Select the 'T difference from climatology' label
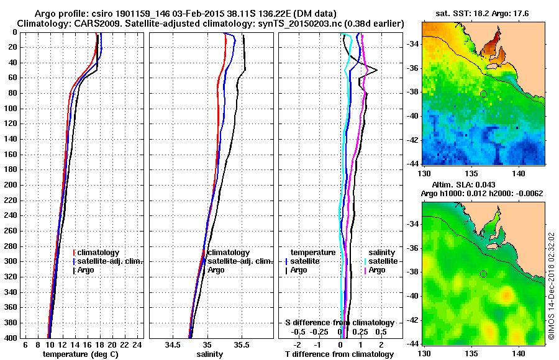(339, 354)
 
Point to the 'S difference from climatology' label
(340, 323)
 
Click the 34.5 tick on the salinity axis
(174, 344)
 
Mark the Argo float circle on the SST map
(483, 94)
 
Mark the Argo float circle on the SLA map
(483, 274)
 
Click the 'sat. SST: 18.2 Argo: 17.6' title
(483, 14)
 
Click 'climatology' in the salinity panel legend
(228, 253)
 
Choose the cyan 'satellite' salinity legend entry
(379, 261)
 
